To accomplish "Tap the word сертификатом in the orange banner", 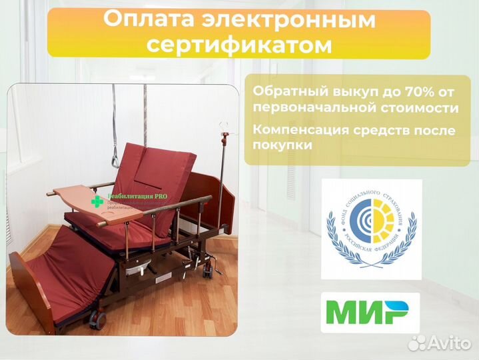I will coord(239,45).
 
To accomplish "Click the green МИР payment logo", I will coord(370,312).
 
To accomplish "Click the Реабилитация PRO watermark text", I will coord(137,197).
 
